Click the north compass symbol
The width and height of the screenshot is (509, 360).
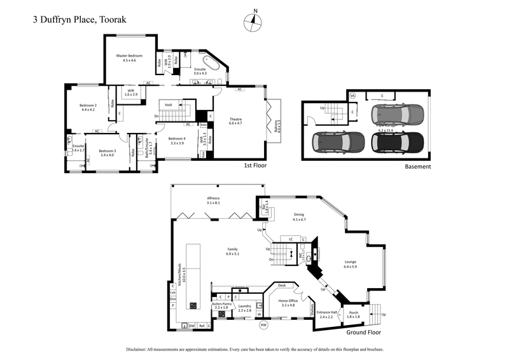(254, 21)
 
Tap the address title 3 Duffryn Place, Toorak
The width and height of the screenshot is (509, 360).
(80, 19)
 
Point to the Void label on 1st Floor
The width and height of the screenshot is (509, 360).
(168, 105)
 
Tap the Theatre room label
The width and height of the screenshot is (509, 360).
(236, 119)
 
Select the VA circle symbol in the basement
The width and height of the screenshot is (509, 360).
(352, 95)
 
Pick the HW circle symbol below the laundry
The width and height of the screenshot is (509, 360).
(264, 325)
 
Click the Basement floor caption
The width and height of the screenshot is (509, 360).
(417, 167)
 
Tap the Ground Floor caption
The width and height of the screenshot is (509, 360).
(363, 332)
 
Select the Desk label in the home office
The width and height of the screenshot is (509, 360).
(281, 286)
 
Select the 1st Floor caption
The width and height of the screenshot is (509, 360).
(254, 165)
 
